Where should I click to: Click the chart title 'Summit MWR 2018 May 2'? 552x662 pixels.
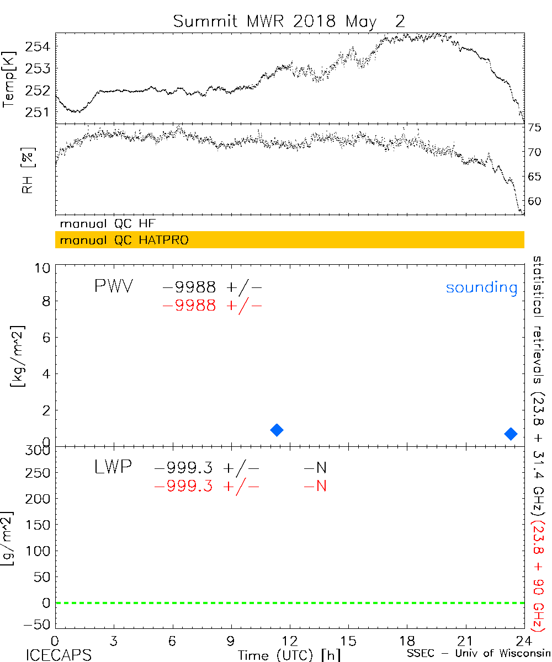[289, 22]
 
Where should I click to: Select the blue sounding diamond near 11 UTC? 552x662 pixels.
[277, 430]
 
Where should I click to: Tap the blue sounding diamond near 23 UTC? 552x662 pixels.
[511, 434]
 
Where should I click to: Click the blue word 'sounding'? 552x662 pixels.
[481, 287]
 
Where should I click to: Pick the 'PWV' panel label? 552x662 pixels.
[113, 287]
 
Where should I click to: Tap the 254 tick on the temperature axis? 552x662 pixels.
[40, 46]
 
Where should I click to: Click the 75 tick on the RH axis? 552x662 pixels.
[534, 128]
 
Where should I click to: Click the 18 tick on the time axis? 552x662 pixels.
[407, 640]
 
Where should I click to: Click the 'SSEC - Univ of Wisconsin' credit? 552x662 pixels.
[478, 654]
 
